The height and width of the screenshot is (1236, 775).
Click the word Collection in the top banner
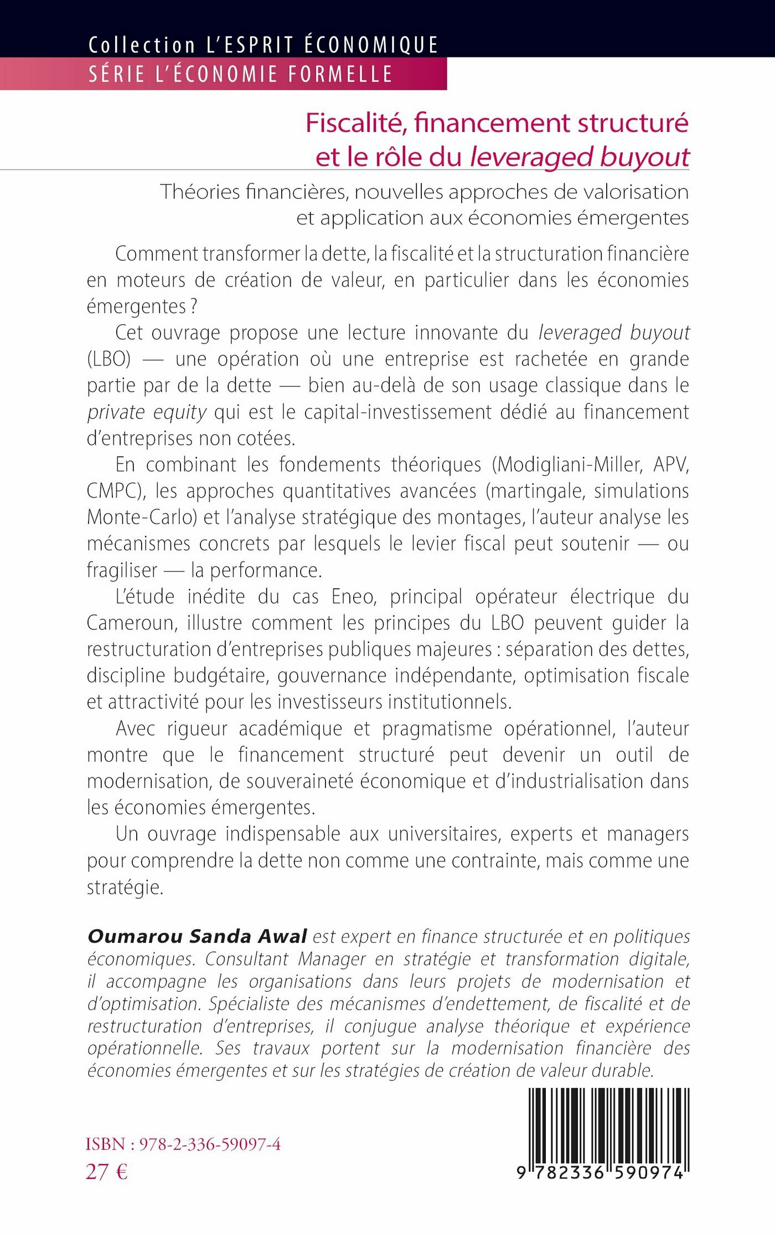(142, 45)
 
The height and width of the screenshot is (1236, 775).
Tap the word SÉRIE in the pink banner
(117, 74)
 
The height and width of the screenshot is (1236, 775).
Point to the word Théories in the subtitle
(199, 192)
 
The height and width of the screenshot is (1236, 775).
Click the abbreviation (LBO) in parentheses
(109, 359)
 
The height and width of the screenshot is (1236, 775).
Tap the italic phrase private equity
(147, 412)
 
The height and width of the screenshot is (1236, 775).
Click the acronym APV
(671, 465)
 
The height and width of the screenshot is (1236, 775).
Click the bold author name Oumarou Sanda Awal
(197, 936)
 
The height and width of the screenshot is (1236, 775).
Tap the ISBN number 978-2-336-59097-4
(210, 1145)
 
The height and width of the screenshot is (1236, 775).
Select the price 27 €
(107, 1172)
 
